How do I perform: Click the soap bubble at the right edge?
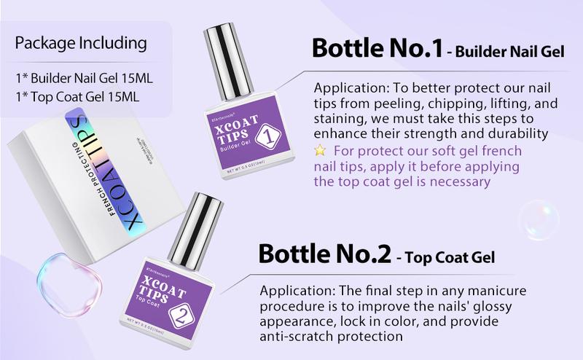(539, 219)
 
